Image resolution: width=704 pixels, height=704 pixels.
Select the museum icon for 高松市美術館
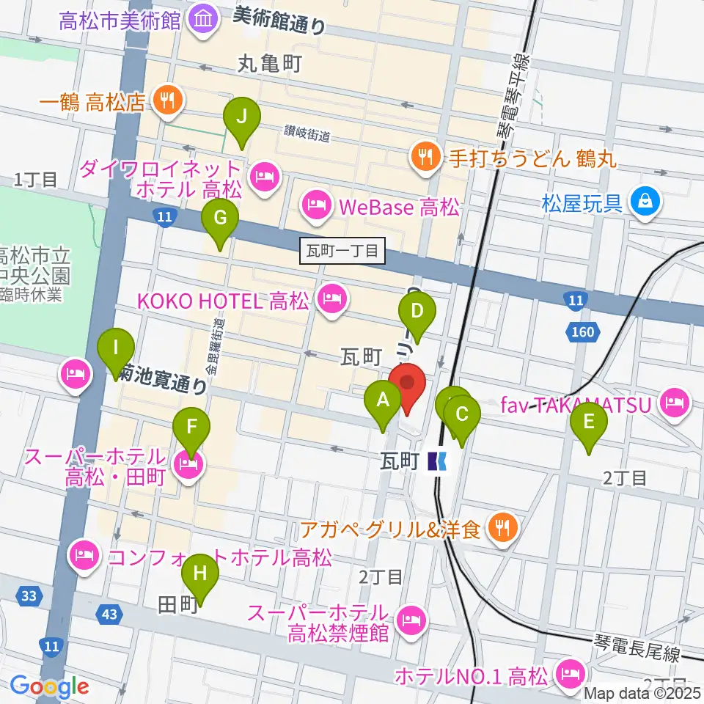pos(202,18)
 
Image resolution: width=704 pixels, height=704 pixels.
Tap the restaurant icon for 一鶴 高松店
pos(168,100)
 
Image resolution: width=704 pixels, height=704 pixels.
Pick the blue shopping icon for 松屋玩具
pos(645,201)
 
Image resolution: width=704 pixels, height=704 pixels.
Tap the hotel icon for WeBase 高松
pos(316,205)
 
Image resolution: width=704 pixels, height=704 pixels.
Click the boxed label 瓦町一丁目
pos(343,252)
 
